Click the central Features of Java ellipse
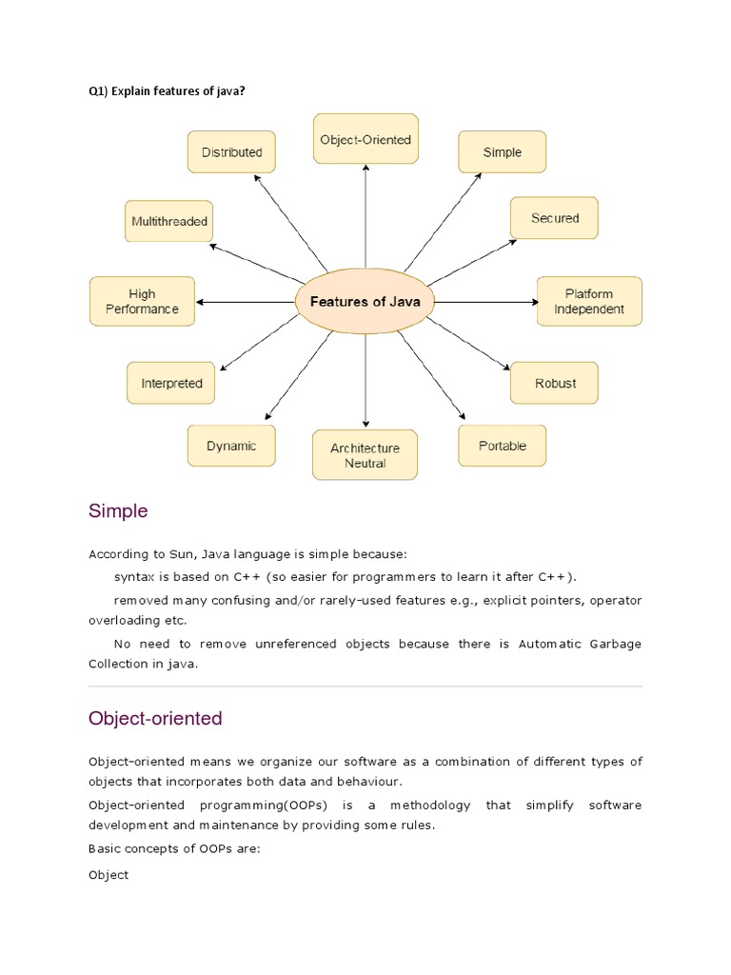[365, 301]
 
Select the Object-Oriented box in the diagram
[365, 140]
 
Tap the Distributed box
[231, 152]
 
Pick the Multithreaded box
[169, 222]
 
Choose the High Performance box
[142, 301]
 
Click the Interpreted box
[171, 383]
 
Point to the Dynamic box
[231, 446]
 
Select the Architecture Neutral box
[365, 455]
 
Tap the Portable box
[503, 446]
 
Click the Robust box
[555, 383]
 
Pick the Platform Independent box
[589, 301]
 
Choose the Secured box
[555, 218]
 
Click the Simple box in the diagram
[503, 152]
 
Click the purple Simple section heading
[118, 511]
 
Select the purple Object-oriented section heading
[155, 719]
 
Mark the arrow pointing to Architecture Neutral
[365, 381]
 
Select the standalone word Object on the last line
[109, 874]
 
